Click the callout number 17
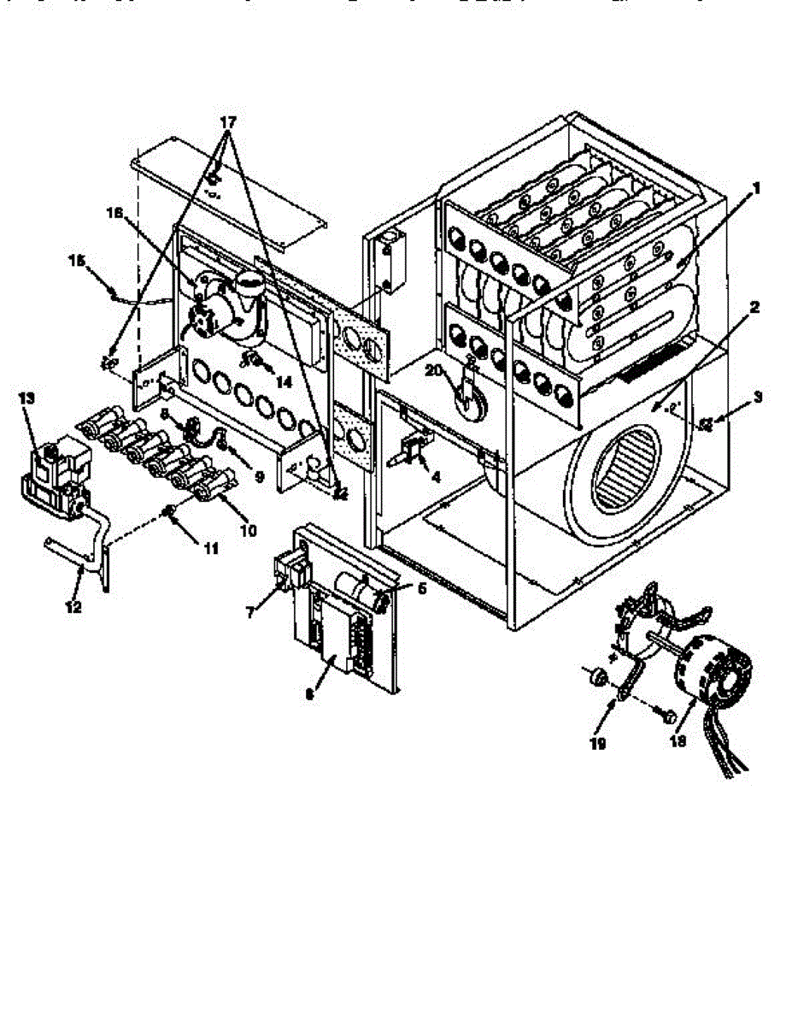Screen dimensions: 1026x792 (227, 121)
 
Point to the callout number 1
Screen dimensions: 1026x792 (755, 187)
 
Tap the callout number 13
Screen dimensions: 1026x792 (28, 398)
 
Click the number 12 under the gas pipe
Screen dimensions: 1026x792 (73, 607)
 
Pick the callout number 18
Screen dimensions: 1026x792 (678, 742)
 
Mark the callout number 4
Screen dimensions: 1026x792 (437, 477)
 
